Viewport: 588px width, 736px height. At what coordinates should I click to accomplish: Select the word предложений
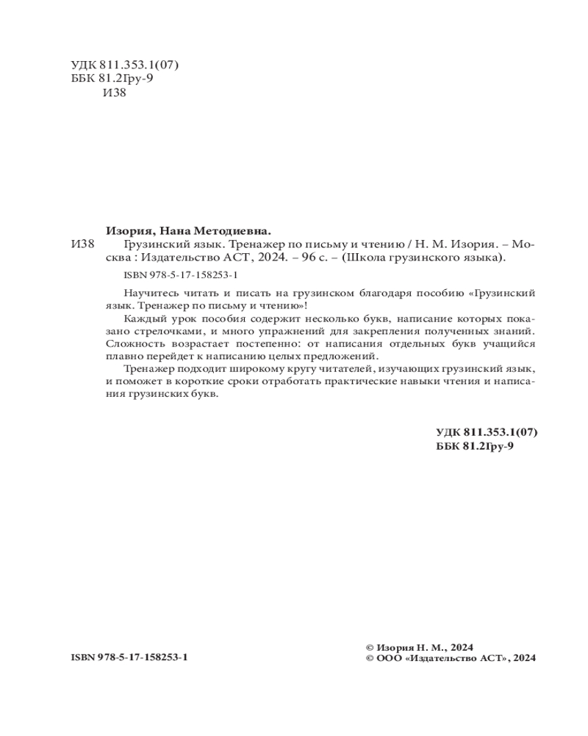[343, 355]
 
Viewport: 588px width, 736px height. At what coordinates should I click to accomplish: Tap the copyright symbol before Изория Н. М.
[370, 647]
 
